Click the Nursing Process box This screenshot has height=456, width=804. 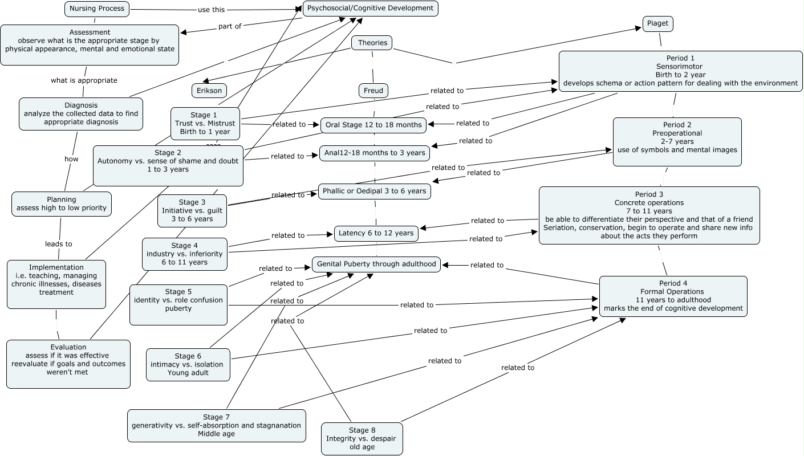click(x=97, y=9)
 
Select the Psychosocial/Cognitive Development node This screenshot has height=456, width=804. click(x=371, y=9)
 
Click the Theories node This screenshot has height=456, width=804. click(x=372, y=43)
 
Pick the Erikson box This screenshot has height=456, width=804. click(x=209, y=91)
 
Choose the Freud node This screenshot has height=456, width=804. click(x=373, y=91)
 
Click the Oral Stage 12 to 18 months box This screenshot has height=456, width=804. click(x=373, y=125)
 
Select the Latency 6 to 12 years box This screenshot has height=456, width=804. click(x=376, y=233)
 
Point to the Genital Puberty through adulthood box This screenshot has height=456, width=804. click(x=376, y=264)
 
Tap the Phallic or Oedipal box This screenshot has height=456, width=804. click(x=374, y=192)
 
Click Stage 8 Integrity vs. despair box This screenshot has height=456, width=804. click(x=362, y=438)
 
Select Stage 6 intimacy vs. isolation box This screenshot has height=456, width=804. click(x=188, y=365)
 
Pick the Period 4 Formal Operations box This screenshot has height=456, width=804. click(x=673, y=296)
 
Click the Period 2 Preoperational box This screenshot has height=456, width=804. click(x=677, y=141)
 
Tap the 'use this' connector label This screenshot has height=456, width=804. click(x=211, y=10)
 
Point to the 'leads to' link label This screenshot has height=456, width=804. click(x=58, y=244)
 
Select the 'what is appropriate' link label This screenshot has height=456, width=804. click(x=84, y=80)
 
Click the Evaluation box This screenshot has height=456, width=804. click(x=68, y=364)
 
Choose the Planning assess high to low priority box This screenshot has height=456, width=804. click(x=62, y=204)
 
